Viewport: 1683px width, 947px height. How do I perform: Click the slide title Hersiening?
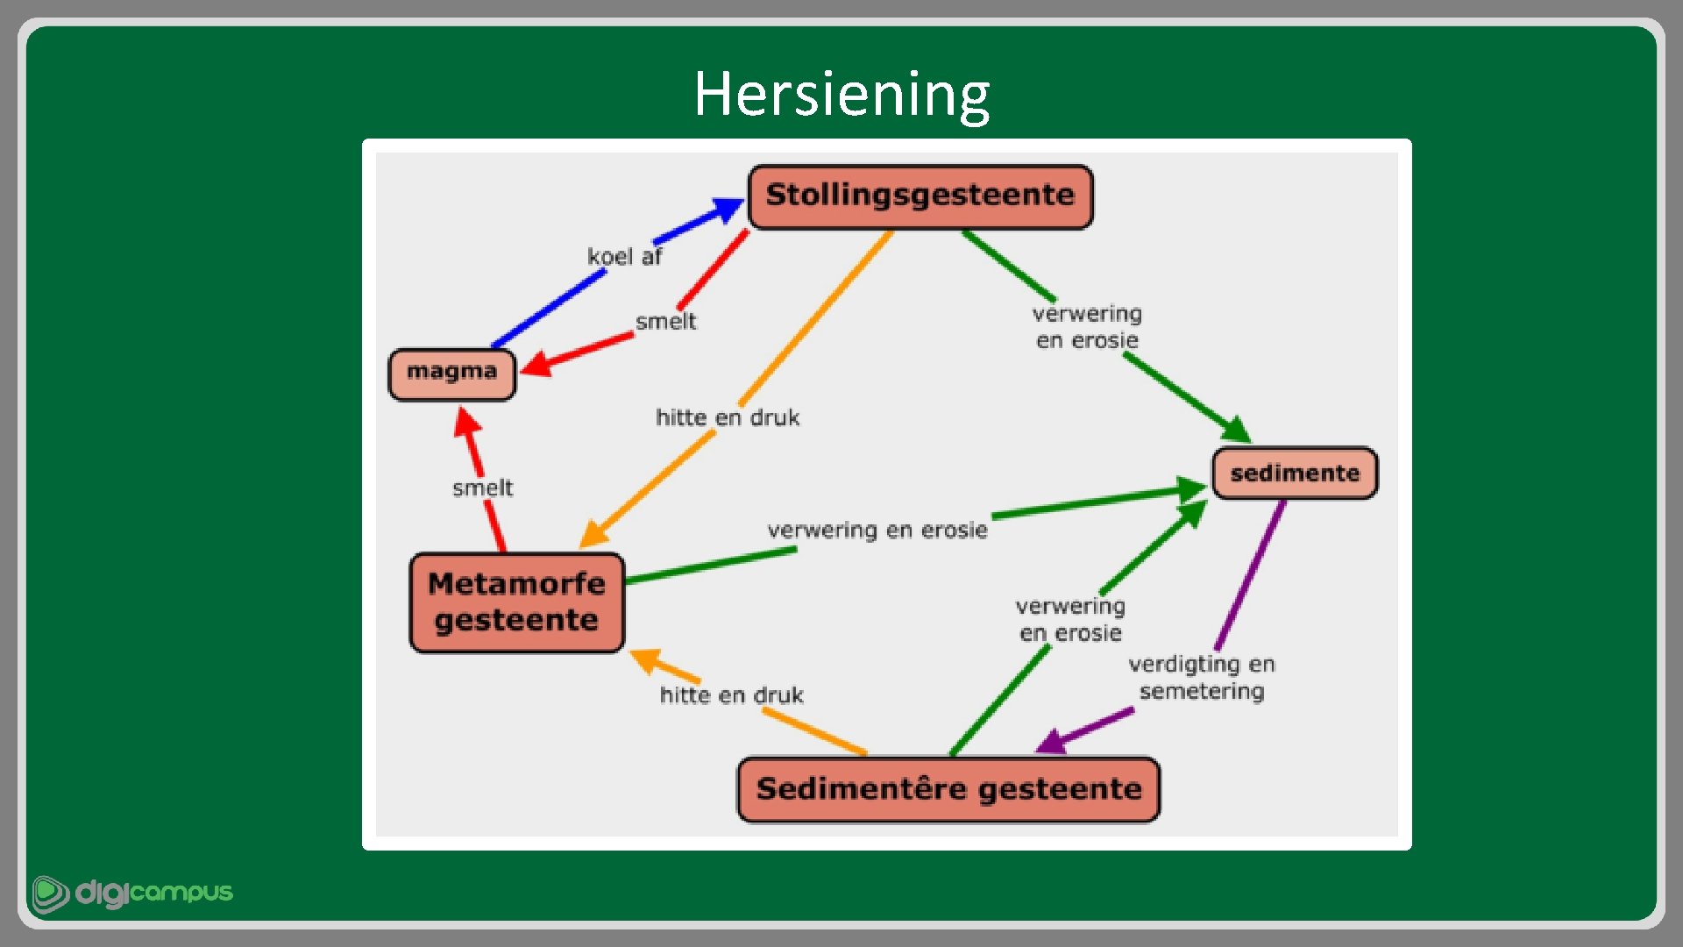[841, 94]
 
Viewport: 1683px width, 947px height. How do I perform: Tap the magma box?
[451, 373]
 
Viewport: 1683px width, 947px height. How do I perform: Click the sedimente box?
[1294, 473]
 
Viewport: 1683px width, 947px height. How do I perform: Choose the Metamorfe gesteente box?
[516, 602]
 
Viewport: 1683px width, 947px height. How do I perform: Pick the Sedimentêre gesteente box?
[948, 789]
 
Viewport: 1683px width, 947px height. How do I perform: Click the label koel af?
[624, 257]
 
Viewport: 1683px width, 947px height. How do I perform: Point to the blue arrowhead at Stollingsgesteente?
[728, 210]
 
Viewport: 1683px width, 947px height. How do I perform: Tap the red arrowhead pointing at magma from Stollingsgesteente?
[536, 363]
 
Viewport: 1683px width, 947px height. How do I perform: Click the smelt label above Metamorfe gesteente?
[482, 488]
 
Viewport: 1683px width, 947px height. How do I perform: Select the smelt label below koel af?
[665, 322]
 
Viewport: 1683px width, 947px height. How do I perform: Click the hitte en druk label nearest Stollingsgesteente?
[728, 418]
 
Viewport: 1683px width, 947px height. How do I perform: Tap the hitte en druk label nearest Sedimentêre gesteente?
[731, 695]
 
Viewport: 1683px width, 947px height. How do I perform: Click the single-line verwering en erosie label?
[877, 530]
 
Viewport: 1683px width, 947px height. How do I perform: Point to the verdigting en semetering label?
[1201, 677]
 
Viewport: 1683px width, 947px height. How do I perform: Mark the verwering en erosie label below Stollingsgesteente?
[1087, 327]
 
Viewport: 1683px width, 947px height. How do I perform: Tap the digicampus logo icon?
[50, 894]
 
